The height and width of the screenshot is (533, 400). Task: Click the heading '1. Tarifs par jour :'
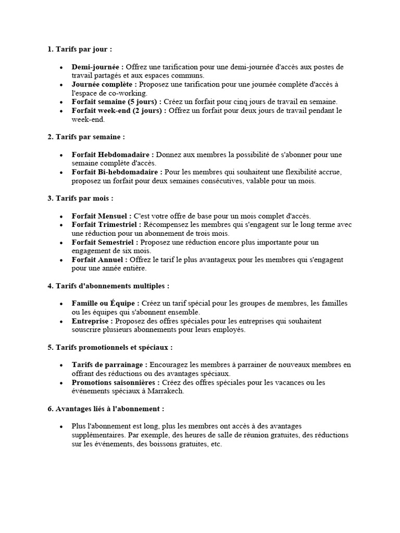point(80,49)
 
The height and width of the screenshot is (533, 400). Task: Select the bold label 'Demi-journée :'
point(98,67)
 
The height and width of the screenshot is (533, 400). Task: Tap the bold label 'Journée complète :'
point(104,84)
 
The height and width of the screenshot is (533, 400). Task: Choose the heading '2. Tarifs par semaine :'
point(86,137)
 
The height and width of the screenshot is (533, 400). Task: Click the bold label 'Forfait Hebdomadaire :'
point(113,155)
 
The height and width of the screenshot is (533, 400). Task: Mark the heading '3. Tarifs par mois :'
point(80,198)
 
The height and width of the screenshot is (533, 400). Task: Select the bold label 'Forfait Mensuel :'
point(102,216)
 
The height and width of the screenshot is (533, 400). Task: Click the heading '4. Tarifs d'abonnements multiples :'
point(108,286)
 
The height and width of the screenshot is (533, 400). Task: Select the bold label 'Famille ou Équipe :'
point(106,303)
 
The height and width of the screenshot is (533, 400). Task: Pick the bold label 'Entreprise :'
point(93,321)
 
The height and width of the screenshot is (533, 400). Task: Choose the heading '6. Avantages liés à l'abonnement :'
point(106,409)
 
